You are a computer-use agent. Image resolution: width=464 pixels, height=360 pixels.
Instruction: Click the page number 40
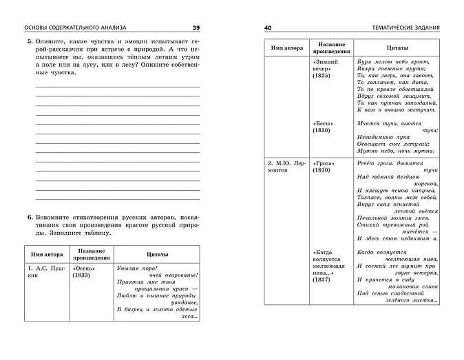click(x=268, y=27)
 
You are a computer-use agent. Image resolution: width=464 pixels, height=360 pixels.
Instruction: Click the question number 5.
click(x=30, y=43)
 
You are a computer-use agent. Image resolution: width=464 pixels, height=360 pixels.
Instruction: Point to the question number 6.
click(x=30, y=217)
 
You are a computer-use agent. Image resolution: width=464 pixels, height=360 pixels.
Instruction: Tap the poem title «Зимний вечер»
click(x=326, y=65)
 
